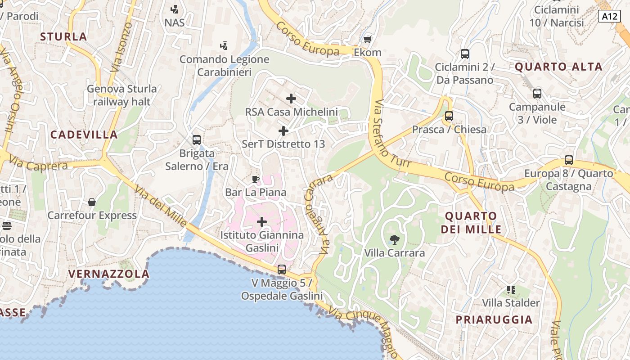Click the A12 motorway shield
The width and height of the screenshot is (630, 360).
(x=610, y=17)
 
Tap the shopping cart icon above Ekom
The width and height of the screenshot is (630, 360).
(x=368, y=39)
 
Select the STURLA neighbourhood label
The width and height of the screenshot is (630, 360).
(x=63, y=37)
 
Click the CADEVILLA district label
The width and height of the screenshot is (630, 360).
(x=84, y=135)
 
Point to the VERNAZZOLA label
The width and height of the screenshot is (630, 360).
(x=108, y=274)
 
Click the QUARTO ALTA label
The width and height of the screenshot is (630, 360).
(x=558, y=67)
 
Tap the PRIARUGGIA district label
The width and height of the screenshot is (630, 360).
(x=494, y=320)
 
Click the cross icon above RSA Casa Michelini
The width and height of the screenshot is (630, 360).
(x=291, y=98)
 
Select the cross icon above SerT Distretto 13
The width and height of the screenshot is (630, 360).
(x=283, y=131)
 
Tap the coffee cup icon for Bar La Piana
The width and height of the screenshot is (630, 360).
(x=256, y=180)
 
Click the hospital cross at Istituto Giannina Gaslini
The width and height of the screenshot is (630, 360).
(x=262, y=222)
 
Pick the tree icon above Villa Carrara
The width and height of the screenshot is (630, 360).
(x=395, y=239)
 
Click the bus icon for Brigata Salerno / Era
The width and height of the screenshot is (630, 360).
(x=196, y=140)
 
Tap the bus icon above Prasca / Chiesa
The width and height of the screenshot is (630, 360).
(x=449, y=116)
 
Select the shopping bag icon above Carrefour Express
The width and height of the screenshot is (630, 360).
(x=92, y=202)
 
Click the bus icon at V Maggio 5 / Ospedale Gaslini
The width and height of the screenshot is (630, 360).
(x=282, y=270)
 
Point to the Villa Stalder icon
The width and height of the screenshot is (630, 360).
(x=511, y=289)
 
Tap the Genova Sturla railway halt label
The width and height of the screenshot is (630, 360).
(x=122, y=95)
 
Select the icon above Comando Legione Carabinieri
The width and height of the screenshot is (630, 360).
(x=224, y=45)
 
